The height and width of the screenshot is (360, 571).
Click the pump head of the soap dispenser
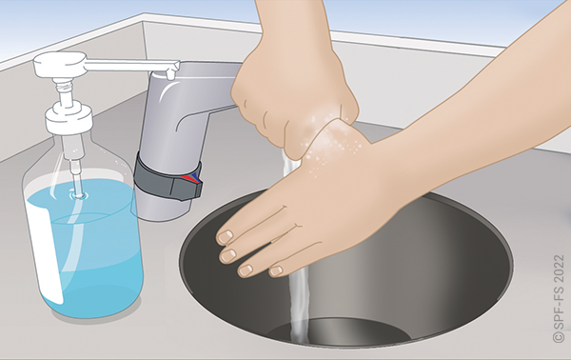pyautogui.click(x=60, y=65)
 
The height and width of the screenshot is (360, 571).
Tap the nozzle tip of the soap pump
pyautogui.click(x=170, y=74)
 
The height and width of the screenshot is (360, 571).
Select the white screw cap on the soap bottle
pyautogui.click(x=69, y=117)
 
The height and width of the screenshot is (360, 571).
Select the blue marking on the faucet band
pyautogui.click(x=197, y=176)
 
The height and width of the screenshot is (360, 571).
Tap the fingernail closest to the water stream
pyautogui.click(x=276, y=270)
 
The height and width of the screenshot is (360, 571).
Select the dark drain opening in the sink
pyautogui.click(x=341, y=330)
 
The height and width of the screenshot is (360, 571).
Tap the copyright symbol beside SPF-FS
pyautogui.click(x=559, y=336)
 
